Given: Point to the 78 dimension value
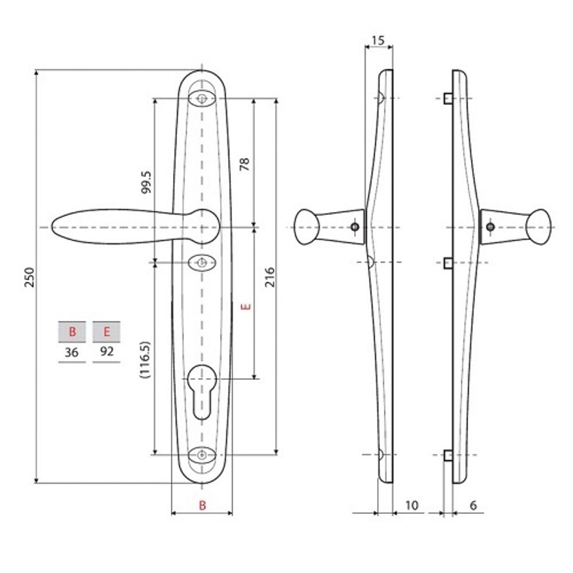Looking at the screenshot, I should [244, 165].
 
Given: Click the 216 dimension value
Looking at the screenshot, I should [269, 277].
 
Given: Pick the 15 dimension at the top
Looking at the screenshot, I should [378, 41].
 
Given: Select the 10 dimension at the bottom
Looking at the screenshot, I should [411, 505].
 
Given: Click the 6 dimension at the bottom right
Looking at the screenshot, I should [473, 505].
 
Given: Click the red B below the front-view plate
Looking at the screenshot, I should [202, 505].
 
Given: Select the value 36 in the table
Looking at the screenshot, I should [72, 352].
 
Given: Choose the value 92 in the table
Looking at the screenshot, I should [107, 352].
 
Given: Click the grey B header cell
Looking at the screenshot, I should [72, 331].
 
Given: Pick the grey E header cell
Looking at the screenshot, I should [107, 331].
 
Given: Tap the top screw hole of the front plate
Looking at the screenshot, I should [202, 99].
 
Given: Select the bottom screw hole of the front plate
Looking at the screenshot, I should [202, 455].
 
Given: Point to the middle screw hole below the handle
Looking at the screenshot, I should [202, 262].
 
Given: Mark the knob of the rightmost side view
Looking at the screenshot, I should [539, 227].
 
